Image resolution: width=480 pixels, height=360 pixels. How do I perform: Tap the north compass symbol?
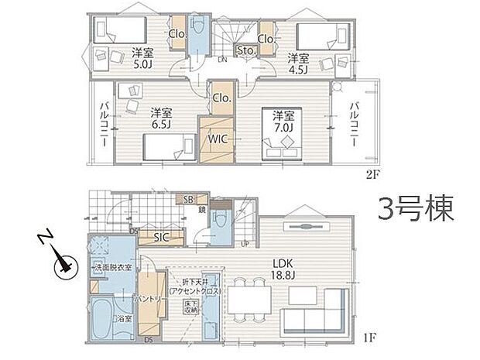pyautogui.click(x=61, y=266)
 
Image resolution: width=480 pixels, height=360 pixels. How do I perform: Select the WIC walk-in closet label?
pyautogui.click(x=215, y=139)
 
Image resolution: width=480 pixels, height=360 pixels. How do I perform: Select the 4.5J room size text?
pyautogui.click(x=299, y=69)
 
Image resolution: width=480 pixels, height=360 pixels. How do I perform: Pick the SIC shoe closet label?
pyautogui.click(x=160, y=236)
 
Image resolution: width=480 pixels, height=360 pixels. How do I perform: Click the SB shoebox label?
pyautogui.click(x=188, y=199)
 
